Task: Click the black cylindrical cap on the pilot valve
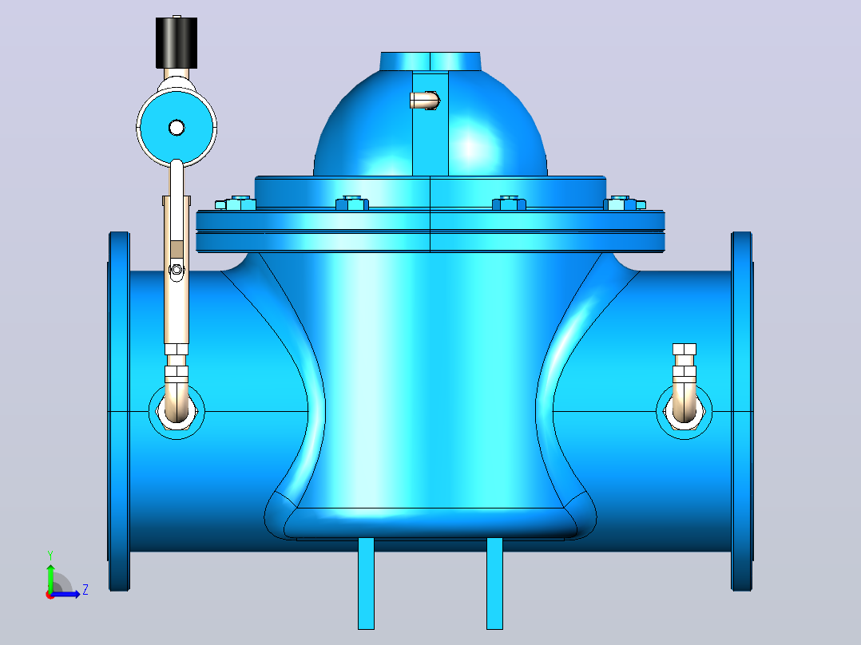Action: tap(177, 43)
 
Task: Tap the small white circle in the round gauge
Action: tap(177, 128)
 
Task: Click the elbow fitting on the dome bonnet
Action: tap(424, 100)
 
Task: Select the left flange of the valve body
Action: tap(119, 411)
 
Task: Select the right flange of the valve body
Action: tap(741, 411)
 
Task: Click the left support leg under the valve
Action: tap(367, 583)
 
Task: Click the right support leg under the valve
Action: tap(494, 583)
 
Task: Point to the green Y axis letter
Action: tap(50, 556)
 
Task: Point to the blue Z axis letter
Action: tap(85, 590)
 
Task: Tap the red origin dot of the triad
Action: tap(50, 595)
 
